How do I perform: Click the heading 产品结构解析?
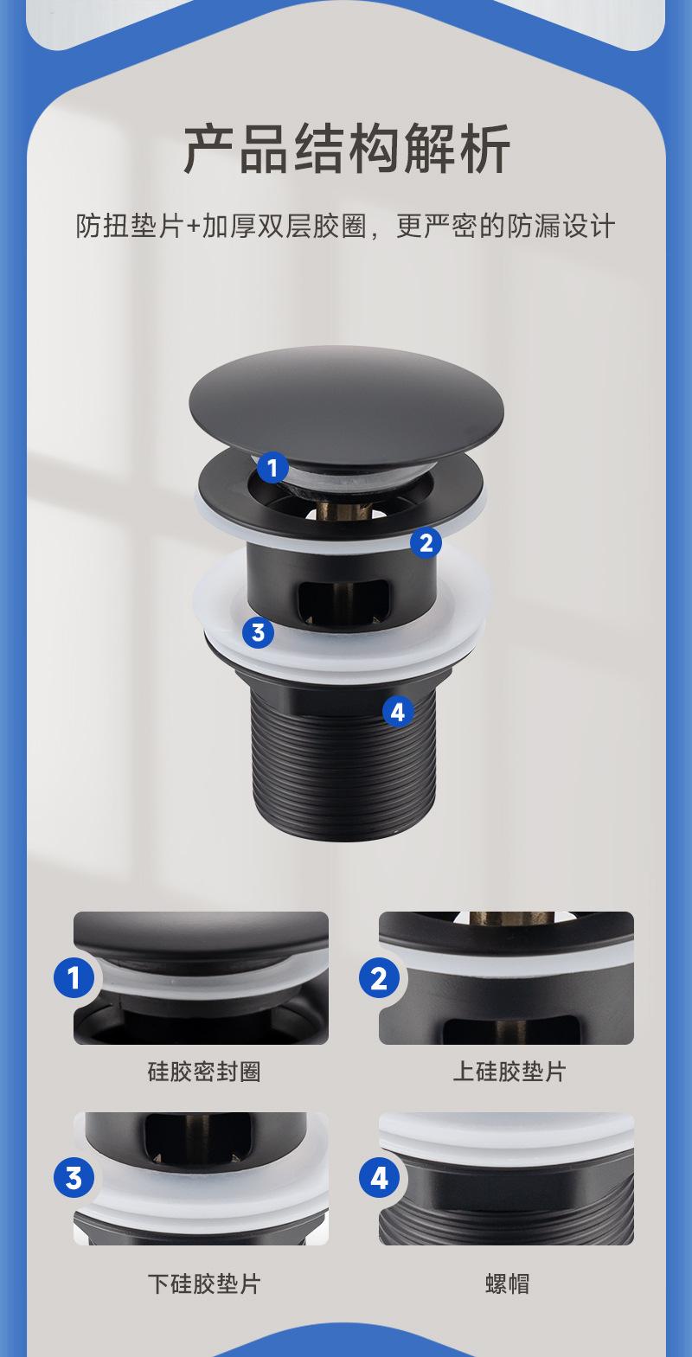pos(347,149)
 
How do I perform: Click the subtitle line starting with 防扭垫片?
pos(346,227)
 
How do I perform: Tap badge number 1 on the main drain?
pos(272,468)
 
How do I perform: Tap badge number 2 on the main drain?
pos(426,543)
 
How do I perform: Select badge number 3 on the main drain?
pos(258,632)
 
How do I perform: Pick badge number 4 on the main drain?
pos(398,711)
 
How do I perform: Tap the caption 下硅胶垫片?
pos(204,1283)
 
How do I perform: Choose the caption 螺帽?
pos(507,1283)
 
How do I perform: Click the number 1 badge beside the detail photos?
pos(74,978)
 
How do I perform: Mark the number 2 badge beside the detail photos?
pos(379,978)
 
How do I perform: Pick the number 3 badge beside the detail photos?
pos(74,1179)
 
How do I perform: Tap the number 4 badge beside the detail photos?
pos(379,1179)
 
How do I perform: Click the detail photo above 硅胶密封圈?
pos(202,978)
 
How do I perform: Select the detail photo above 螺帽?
pos(507,1179)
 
